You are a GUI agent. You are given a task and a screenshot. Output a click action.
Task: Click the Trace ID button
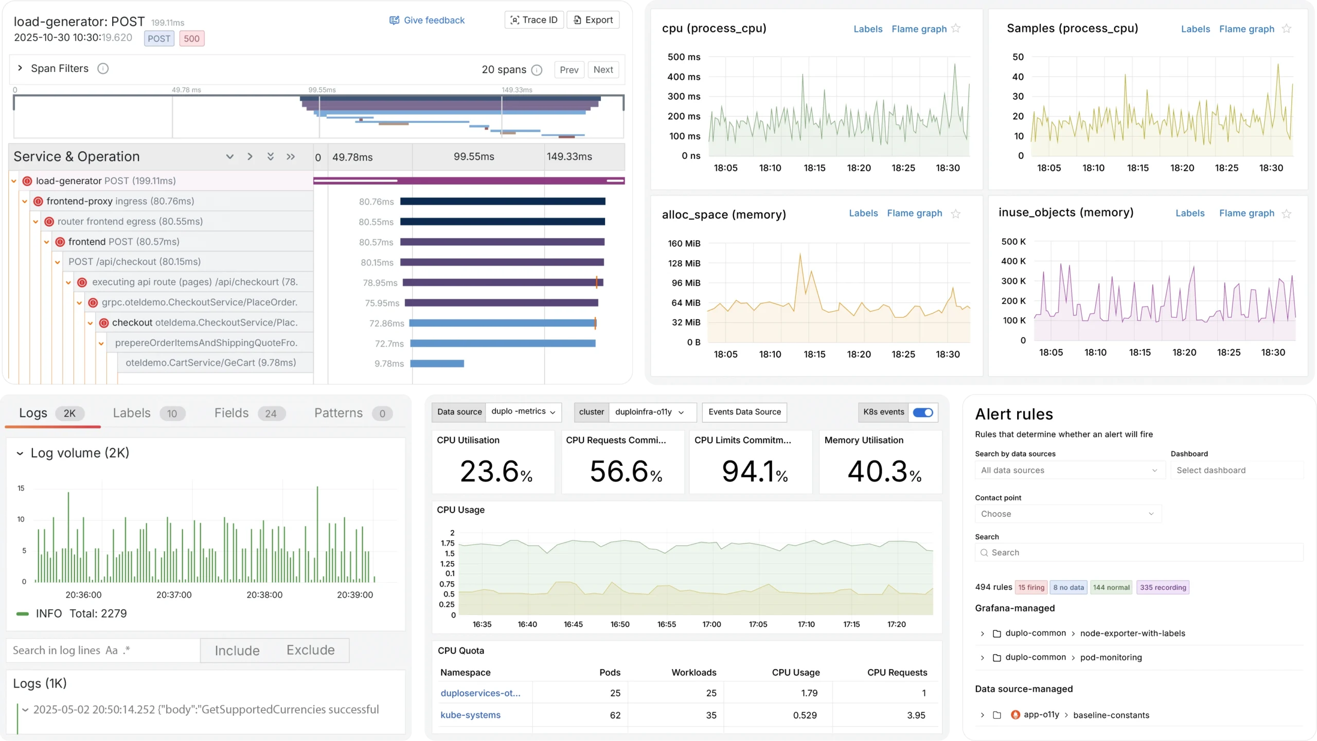tap(534, 20)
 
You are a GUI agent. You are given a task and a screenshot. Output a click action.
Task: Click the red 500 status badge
tap(191, 39)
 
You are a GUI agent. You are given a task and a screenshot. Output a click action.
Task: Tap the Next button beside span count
tap(602, 69)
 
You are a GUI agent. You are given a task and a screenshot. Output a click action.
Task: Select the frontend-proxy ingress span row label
tap(120, 201)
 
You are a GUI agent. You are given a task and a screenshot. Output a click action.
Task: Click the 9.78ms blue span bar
tap(437, 364)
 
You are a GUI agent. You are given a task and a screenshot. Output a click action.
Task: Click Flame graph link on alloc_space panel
tap(914, 213)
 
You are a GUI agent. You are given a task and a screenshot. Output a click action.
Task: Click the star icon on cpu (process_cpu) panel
tap(956, 29)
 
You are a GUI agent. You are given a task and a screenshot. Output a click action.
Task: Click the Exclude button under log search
tap(310, 650)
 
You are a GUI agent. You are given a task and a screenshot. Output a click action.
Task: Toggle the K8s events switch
tap(922, 412)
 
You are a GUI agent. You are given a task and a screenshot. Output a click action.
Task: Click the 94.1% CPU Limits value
tap(754, 471)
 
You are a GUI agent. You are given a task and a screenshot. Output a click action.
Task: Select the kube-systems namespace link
tap(470, 715)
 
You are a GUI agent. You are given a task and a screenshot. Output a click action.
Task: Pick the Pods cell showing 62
tap(615, 715)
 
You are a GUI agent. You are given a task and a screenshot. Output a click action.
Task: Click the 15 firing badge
tap(1031, 587)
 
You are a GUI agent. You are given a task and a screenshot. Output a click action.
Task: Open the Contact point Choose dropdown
tap(1067, 514)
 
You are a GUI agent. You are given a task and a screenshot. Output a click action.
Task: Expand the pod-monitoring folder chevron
tap(982, 658)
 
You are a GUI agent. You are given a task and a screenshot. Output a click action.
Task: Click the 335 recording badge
tap(1163, 587)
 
